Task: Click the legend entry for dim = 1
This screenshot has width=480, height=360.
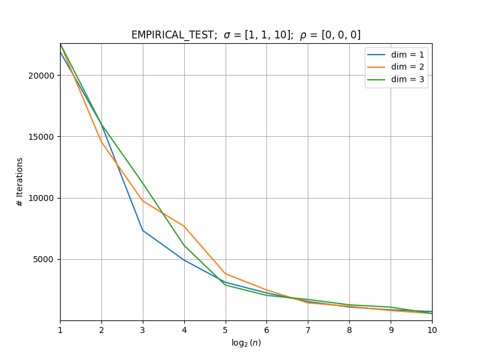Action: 395,55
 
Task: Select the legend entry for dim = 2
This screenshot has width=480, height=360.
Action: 395,67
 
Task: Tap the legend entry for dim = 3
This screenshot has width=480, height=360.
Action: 395,79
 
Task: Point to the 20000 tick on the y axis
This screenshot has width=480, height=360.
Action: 41,76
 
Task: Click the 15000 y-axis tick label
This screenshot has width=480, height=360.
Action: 41,137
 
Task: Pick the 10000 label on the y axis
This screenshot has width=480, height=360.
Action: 41,198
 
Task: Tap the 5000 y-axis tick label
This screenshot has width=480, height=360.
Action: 43,260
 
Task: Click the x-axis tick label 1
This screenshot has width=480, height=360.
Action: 61,330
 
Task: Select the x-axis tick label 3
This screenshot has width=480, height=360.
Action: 143,330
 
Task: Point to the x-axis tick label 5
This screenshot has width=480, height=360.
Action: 226,330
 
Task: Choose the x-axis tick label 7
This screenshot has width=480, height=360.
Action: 308,330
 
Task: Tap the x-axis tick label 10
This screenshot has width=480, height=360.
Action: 432,330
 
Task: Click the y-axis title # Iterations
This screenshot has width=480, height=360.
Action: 20,182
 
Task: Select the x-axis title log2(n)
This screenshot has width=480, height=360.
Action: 246,343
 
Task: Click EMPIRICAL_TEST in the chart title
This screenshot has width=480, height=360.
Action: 173,35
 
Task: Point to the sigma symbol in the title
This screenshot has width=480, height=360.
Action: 227,35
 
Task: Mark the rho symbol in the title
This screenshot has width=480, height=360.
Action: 303,36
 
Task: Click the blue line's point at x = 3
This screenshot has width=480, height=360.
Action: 143,230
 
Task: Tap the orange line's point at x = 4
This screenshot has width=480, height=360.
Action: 184,226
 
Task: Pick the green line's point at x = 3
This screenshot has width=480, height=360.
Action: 143,184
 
